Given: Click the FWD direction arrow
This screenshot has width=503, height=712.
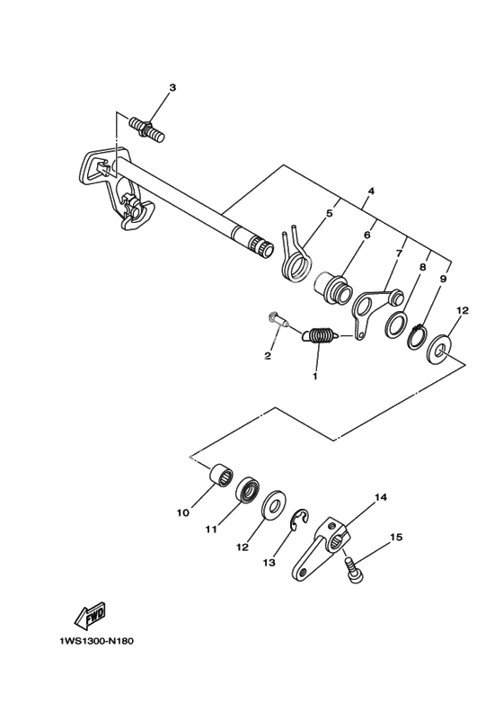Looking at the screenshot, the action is point(90,615).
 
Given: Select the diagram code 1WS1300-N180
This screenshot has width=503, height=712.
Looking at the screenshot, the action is point(96,641).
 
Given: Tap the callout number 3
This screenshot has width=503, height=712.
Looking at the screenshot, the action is point(172,87).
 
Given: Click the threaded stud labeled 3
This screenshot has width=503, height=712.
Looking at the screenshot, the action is point(147,129).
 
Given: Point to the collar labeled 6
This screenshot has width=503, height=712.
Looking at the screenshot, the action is point(333,289).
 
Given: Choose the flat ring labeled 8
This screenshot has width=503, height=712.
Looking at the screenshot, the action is point(394,325).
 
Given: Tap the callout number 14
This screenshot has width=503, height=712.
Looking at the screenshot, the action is point(381,498).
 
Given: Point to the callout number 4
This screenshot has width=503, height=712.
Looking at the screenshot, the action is point(371,191).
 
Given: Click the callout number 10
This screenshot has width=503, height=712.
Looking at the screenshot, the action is point(182,512).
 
